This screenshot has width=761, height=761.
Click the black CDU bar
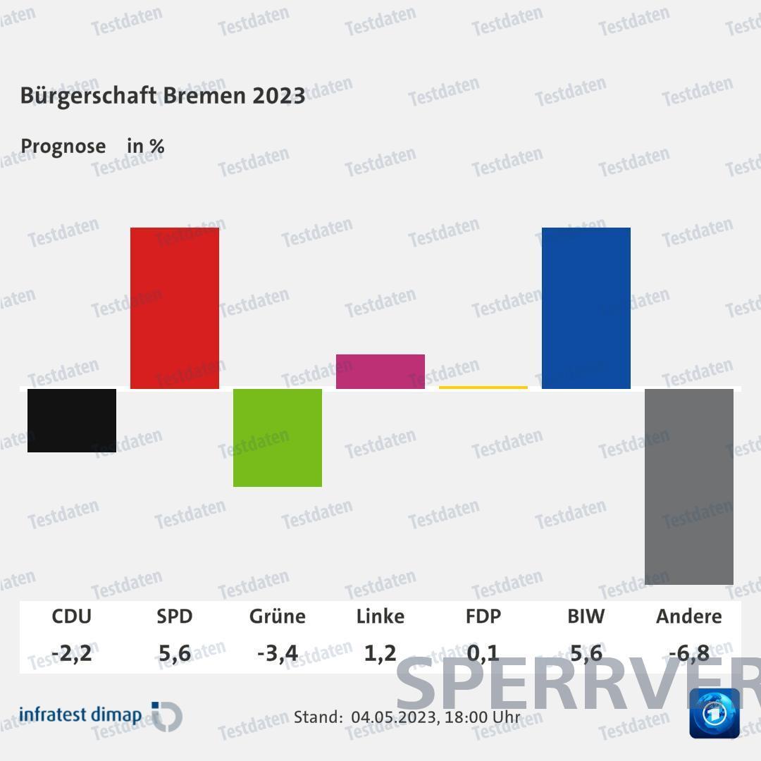(x=72, y=420)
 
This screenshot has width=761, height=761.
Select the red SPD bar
(x=175, y=308)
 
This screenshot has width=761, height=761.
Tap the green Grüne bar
(x=278, y=438)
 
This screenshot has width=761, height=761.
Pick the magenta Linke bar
(x=380, y=371)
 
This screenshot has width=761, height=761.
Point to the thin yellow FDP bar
(x=483, y=388)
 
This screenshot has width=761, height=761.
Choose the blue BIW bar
(x=586, y=308)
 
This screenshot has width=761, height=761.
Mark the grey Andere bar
(x=689, y=486)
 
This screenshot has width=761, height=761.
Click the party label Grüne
(x=278, y=617)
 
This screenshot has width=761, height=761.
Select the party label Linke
(x=380, y=617)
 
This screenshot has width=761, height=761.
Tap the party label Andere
(x=689, y=617)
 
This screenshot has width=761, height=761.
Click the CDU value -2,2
(x=72, y=654)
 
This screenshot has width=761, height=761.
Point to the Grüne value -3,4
(x=278, y=654)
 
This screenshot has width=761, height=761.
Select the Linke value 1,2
(x=380, y=654)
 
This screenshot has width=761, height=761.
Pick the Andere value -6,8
(x=689, y=654)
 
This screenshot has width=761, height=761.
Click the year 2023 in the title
(x=279, y=95)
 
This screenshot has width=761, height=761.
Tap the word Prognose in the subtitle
(x=63, y=147)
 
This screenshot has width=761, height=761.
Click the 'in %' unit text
(x=146, y=147)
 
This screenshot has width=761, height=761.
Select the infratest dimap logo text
(x=80, y=715)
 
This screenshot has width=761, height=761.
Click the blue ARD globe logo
(x=714, y=713)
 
